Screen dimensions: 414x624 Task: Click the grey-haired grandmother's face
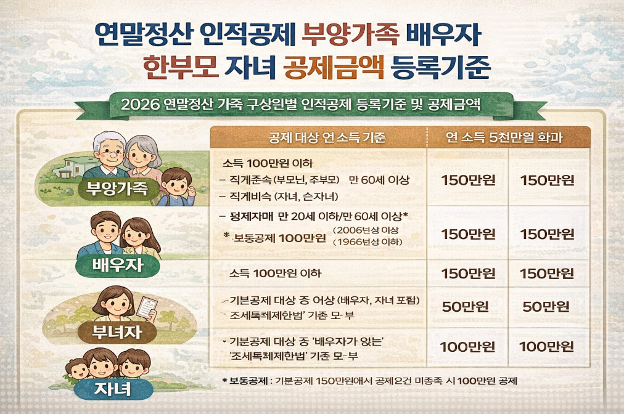(141, 155)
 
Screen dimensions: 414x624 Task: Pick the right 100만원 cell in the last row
(546, 346)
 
